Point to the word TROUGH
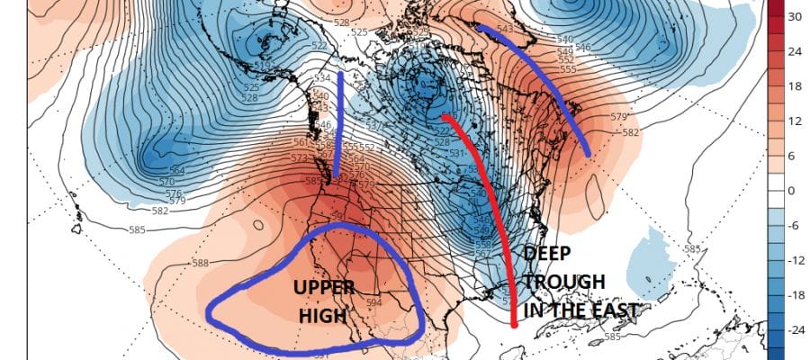coord(565,282)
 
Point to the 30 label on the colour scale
coord(795,17)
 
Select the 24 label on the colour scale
coord(795,51)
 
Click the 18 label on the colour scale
coord(795,86)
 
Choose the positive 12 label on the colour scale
coord(795,121)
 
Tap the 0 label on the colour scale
coord(792,191)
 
